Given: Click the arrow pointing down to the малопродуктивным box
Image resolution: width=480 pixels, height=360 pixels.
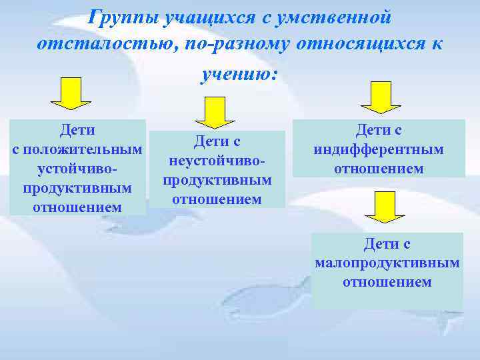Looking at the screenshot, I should tap(380, 207).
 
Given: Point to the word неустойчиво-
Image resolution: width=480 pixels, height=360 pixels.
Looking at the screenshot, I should tap(217, 161).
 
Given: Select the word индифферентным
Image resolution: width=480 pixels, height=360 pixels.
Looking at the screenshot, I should tap(379, 149).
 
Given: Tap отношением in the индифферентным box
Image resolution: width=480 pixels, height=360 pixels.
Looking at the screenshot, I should tap(379, 168).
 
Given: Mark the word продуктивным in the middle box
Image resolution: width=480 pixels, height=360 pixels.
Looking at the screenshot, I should tap(217, 180).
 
